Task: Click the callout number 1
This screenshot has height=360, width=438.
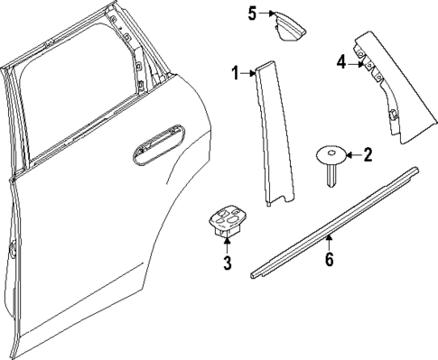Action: click(x=234, y=73)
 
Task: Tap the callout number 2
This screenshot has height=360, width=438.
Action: click(x=367, y=155)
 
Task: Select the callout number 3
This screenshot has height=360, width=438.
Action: click(x=228, y=263)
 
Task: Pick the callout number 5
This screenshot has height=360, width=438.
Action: click(x=253, y=12)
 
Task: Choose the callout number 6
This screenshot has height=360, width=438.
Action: click(x=330, y=260)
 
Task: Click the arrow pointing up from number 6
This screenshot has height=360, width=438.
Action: click(x=330, y=242)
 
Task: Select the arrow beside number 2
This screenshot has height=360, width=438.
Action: click(x=353, y=155)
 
